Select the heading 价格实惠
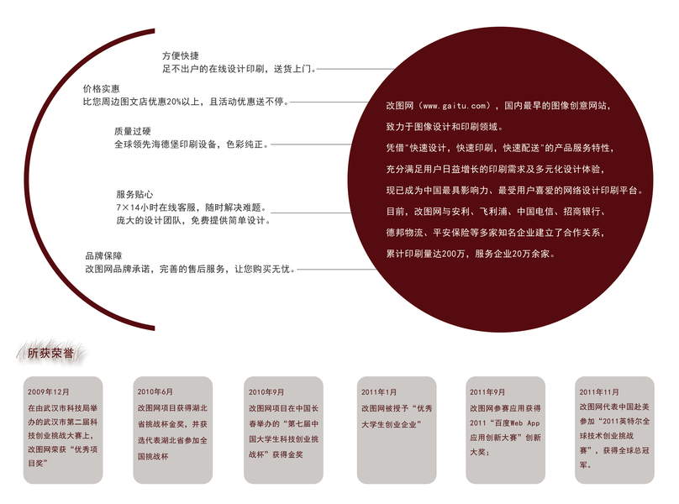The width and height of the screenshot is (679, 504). (x=101, y=88)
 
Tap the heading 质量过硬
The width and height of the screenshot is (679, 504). (x=133, y=131)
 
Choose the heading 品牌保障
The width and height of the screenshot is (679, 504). (x=103, y=255)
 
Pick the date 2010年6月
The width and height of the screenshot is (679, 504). (x=155, y=392)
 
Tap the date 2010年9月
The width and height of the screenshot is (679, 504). (x=266, y=392)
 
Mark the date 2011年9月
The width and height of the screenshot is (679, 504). (x=487, y=392)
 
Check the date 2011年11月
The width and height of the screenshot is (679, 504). (x=599, y=392)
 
